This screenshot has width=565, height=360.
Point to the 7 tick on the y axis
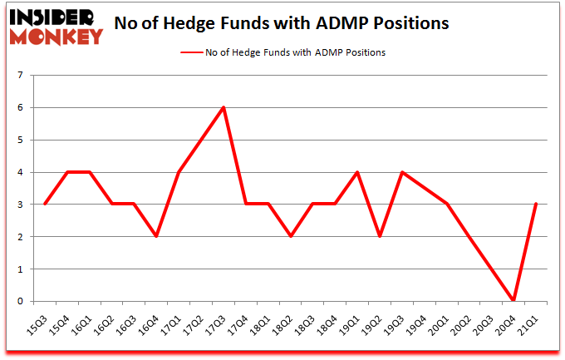pos(20,76)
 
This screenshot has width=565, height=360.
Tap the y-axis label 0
pos(20,302)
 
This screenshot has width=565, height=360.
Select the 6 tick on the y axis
pos(20,108)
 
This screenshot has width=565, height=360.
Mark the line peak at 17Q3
pos(224,107)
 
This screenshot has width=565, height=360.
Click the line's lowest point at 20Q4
pos(514,301)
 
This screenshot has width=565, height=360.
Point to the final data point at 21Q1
pos(537,205)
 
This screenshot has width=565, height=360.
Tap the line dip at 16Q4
pos(156,237)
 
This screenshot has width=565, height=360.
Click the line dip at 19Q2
pos(380,237)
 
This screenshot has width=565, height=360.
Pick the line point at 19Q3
pos(402,172)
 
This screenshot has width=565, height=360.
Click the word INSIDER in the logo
pos(52,14)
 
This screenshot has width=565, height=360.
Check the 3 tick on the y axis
pos(20,205)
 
